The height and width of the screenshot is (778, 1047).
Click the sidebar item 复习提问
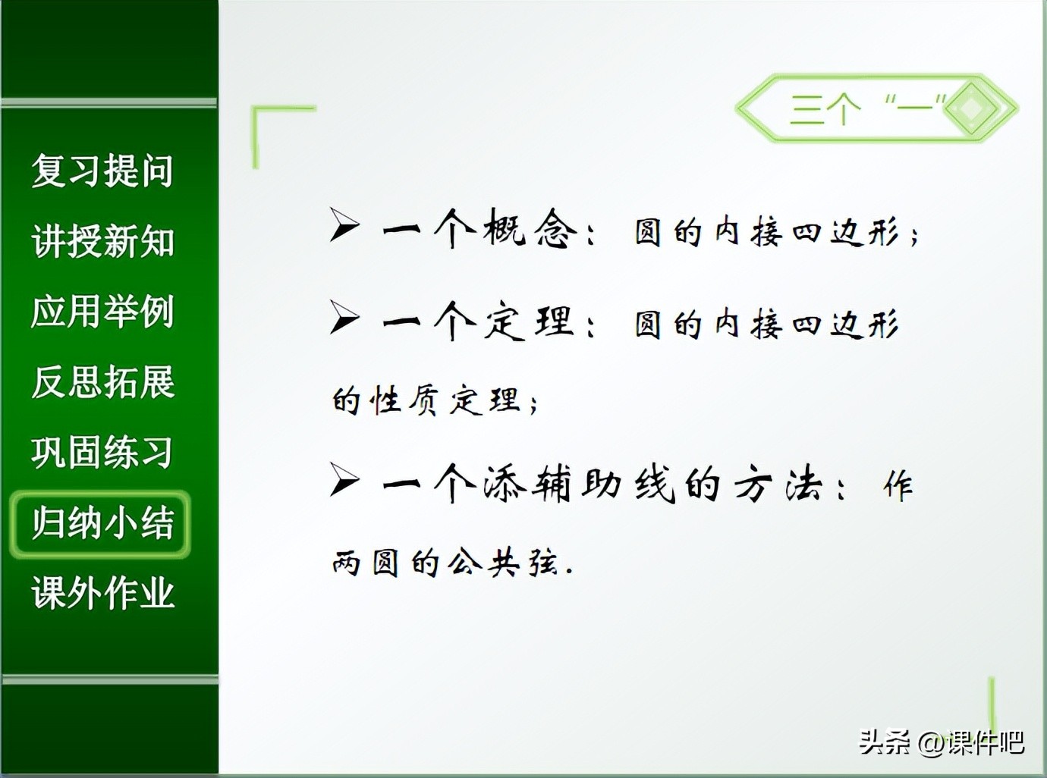pos(102,171)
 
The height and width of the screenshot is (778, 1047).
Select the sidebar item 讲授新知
pos(103,241)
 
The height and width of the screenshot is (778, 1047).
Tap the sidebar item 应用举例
pos(102,312)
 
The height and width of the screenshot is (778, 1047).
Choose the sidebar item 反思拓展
pos(103,382)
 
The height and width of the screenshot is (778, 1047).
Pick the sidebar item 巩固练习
pos(102,453)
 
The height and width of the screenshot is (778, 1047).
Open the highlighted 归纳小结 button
pos(100,524)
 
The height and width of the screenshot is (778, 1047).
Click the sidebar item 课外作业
pos(103,593)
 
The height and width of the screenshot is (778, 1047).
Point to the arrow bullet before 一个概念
pos(344,224)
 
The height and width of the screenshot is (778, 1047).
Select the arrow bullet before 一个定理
pos(344,317)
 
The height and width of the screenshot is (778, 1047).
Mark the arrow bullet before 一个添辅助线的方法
pos(344,479)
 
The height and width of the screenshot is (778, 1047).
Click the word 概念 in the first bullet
pos(530,228)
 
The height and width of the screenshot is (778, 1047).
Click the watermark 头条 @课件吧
pos(941,742)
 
